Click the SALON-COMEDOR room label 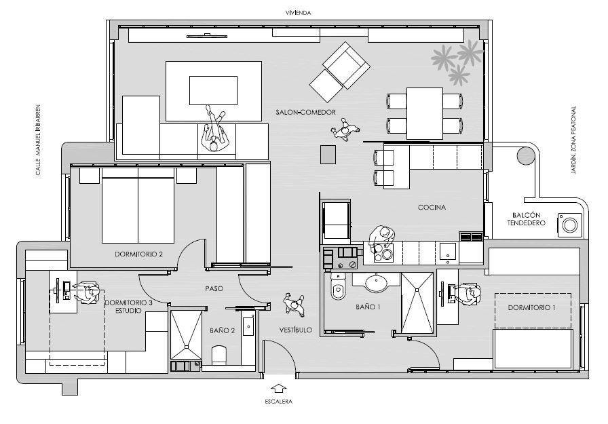click(x=305, y=113)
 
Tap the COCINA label click(x=432, y=208)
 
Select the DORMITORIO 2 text click(x=138, y=254)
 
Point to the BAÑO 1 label click(x=368, y=307)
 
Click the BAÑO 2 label click(x=222, y=330)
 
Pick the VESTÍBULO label click(x=295, y=330)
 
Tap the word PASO click(x=214, y=289)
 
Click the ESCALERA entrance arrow click(x=279, y=389)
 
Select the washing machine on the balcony click(x=570, y=225)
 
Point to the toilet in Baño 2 click(x=219, y=355)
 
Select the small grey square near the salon click(x=328, y=154)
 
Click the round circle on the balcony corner click(x=525, y=155)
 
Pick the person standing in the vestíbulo click(x=294, y=303)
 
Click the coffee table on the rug click(x=213, y=91)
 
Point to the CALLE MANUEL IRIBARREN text click(x=38, y=140)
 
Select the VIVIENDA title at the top click(x=298, y=13)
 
